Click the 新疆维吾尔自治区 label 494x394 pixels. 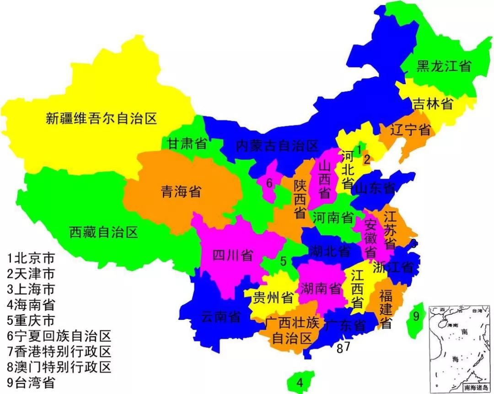102,119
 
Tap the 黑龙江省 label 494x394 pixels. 443,66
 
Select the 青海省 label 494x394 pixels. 181,191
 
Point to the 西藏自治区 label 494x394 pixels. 104,232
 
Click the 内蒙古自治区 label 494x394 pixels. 277,146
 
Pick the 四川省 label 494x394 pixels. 233,255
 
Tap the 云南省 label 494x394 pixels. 221,316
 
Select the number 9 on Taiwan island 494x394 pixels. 416,316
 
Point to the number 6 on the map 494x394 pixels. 269,183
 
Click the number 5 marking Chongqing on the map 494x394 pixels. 284,262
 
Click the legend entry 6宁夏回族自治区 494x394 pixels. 59,337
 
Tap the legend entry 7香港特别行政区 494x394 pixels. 59,352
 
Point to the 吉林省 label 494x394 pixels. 432,104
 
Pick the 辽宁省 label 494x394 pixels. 410,130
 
